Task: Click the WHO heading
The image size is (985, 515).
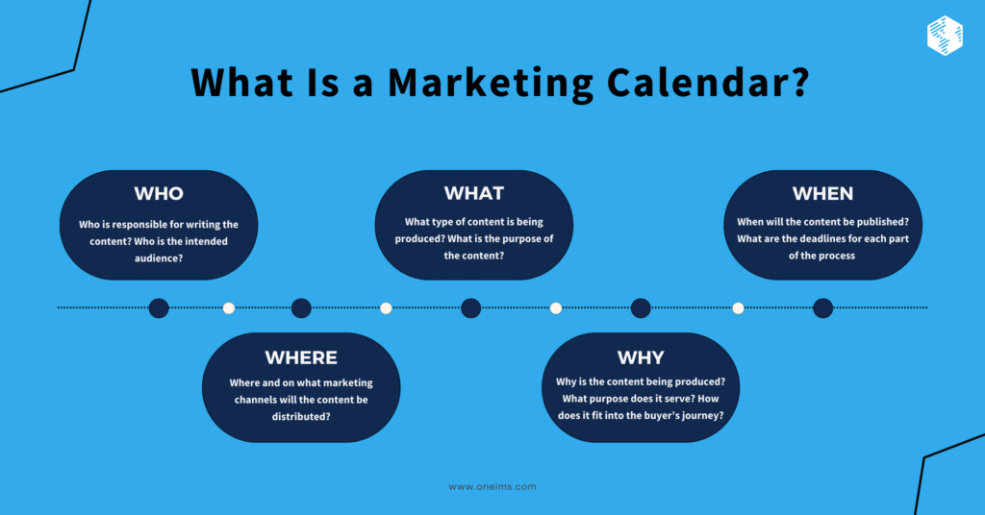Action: click(x=159, y=193)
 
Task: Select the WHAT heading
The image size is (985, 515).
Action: click(x=473, y=193)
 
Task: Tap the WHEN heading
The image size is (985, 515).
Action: click(x=822, y=193)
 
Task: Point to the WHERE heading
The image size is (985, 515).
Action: click(x=301, y=357)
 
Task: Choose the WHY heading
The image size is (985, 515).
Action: click(x=641, y=357)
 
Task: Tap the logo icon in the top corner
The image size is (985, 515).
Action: click(x=945, y=36)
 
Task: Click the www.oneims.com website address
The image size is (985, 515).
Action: click(x=492, y=486)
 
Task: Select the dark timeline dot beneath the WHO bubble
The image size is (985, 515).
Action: click(x=159, y=307)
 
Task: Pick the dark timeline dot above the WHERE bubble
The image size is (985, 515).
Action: click(x=301, y=307)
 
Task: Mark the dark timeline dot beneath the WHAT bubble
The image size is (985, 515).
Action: click(x=470, y=307)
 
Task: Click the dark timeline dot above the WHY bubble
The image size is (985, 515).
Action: click(x=641, y=307)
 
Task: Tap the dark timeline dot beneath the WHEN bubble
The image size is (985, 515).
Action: click(x=822, y=307)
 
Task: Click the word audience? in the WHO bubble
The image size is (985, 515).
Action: click(x=160, y=258)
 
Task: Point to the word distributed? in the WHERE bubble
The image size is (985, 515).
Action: click(x=301, y=417)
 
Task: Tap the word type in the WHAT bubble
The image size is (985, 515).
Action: click(x=445, y=222)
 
